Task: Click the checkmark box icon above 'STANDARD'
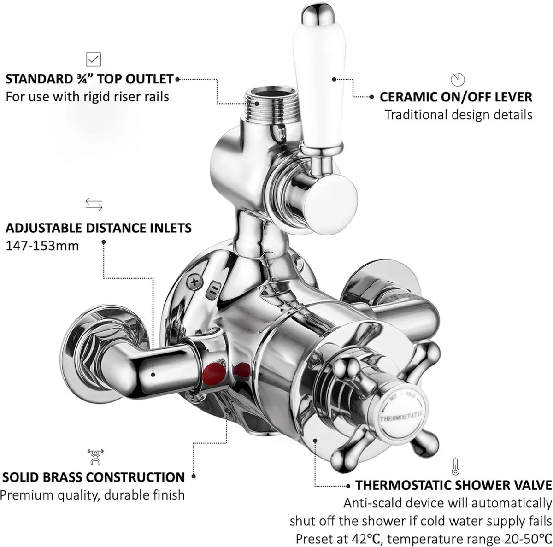(94, 59)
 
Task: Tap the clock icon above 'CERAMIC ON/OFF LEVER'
(458, 80)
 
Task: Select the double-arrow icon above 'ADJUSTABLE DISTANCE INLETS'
(94, 204)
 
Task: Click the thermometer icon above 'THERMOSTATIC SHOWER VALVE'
(455, 466)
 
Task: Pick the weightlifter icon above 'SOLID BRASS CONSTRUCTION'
(95, 457)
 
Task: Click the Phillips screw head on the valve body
(195, 282)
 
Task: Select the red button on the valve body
(214, 374)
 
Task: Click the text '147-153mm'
(42, 246)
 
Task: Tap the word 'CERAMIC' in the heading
(407, 97)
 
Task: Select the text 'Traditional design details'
(458, 115)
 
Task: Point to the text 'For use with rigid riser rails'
(87, 97)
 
